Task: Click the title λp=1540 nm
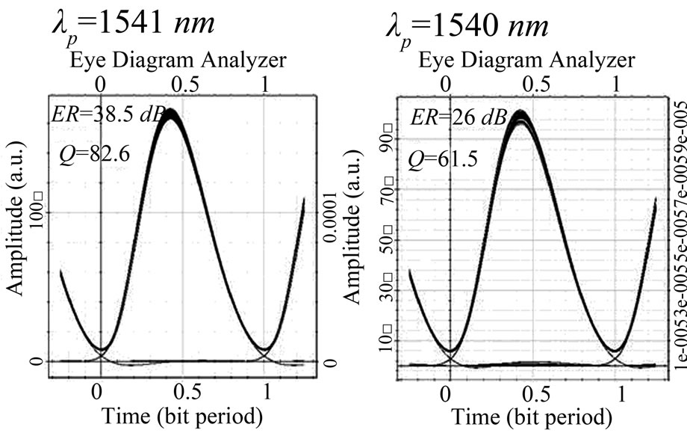[467, 27]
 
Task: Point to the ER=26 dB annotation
[458, 117]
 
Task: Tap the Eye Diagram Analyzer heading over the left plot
[178, 58]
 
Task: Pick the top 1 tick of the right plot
[615, 83]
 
